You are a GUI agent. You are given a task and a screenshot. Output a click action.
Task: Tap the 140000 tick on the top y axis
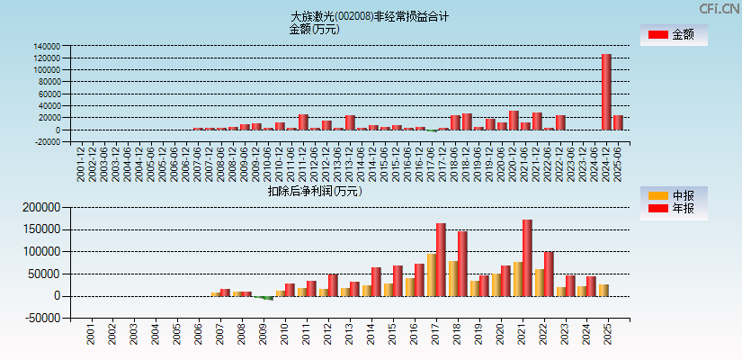pos(47,46)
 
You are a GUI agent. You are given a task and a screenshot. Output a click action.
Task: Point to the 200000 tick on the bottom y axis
pos(40,207)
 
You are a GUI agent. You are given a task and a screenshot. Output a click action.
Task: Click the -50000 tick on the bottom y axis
pos(40,318)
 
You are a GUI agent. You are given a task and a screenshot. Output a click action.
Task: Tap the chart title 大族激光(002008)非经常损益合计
pos(370,16)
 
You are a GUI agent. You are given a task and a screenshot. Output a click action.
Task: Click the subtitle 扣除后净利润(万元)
pos(314,191)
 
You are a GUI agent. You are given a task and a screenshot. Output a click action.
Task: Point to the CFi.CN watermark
pos(719,9)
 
